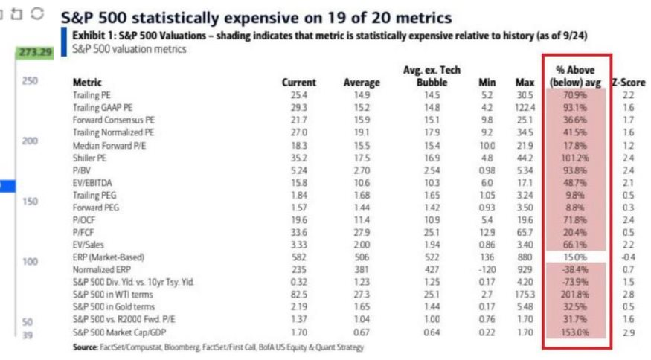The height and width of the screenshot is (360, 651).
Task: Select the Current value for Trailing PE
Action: click(x=302, y=96)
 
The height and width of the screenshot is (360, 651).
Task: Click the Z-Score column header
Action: click(x=629, y=83)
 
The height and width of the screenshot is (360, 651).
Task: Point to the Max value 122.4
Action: click(x=524, y=108)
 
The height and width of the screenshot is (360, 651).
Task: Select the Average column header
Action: click(x=362, y=83)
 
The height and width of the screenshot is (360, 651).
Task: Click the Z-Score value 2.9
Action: click(x=629, y=332)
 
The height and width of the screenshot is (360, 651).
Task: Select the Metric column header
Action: click(x=87, y=83)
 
